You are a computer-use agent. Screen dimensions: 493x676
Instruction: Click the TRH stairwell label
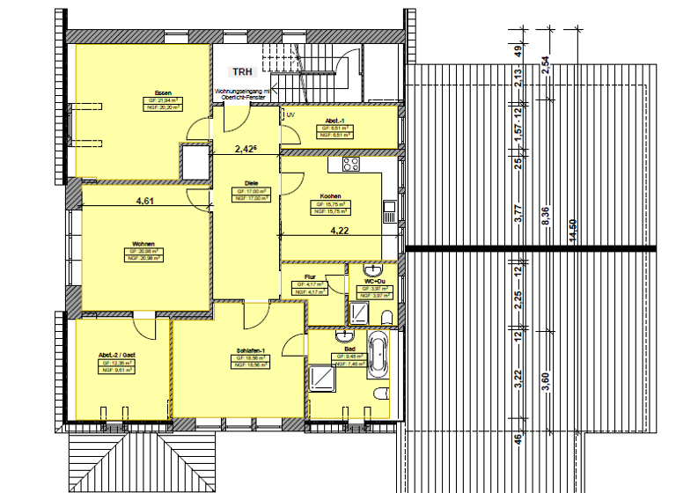[241, 73]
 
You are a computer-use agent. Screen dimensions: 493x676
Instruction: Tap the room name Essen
[163, 93]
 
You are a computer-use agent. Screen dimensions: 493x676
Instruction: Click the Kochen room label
[330, 196]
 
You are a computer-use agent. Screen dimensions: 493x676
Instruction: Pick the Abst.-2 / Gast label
[117, 356]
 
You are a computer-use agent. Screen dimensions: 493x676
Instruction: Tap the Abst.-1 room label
[334, 121]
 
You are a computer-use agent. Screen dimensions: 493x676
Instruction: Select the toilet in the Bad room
[381, 394]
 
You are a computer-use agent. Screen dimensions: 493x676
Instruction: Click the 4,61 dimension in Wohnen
[144, 201]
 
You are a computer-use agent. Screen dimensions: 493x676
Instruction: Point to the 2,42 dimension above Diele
[246, 150]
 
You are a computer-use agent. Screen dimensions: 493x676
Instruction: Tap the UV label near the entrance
[290, 114]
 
